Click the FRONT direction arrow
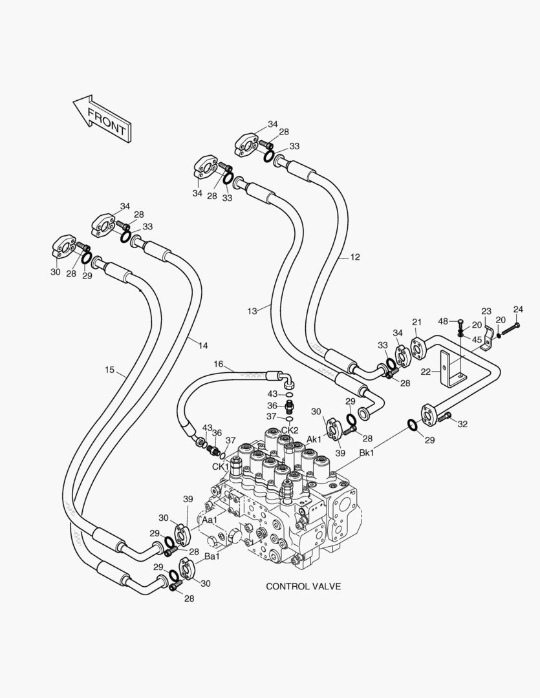pos(102,118)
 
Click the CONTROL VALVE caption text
pos(303,586)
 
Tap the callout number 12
pos(355,257)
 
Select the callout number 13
pos(252,311)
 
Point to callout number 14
pos(203,346)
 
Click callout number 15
pos(110,370)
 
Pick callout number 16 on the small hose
pos(219,365)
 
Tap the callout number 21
pos(417,323)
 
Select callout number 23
pos(486,311)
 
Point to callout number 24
pos(518,309)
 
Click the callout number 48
pos(443,321)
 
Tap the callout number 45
pos(477,340)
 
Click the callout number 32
pos(462,424)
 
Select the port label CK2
pos(290,430)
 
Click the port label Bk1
pos(367,453)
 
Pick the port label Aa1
pos(210,520)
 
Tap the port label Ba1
pos(212,556)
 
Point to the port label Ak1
pos(314,439)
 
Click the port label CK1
pos(220,467)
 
